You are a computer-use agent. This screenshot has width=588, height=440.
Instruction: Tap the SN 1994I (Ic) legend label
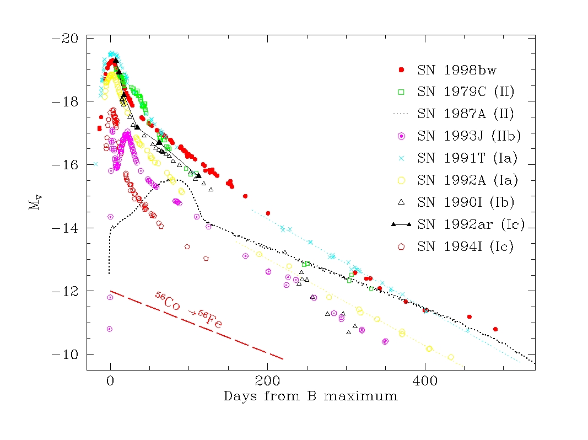click(466, 246)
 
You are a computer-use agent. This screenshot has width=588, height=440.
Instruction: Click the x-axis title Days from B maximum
click(310, 396)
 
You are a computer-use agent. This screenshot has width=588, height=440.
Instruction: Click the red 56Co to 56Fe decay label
click(188, 311)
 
